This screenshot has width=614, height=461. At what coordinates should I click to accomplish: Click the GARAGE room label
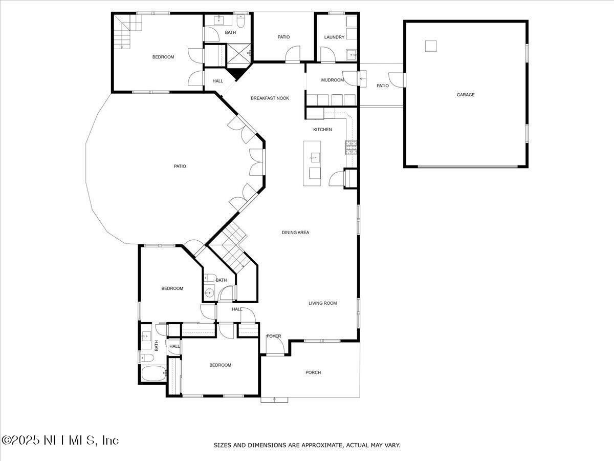[466, 95]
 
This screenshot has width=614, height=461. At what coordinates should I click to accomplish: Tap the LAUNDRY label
[334, 37]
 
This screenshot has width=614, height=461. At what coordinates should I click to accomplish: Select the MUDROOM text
[332, 80]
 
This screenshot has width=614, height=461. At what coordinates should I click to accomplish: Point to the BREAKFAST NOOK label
[270, 98]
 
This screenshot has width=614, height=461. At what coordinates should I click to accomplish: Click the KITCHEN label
[322, 130]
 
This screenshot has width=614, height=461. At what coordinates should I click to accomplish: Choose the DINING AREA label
[295, 233]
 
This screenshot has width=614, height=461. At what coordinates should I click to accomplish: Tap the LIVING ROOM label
[322, 303]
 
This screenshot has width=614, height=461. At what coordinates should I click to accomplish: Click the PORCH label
[313, 372]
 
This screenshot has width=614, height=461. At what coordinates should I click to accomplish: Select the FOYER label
[274, 336]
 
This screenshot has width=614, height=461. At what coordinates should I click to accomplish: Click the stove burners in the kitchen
[351, 148]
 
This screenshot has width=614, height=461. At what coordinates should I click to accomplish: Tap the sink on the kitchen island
[315, 158]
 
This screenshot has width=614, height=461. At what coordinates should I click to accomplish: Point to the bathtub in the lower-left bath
[154, 373]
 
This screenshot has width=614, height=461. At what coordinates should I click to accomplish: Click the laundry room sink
[352, 55]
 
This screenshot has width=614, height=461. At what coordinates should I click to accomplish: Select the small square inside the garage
[431, 46]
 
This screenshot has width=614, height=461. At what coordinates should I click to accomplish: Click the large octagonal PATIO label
[180, 166]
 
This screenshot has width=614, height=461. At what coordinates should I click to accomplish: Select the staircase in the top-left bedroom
[128, 31]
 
